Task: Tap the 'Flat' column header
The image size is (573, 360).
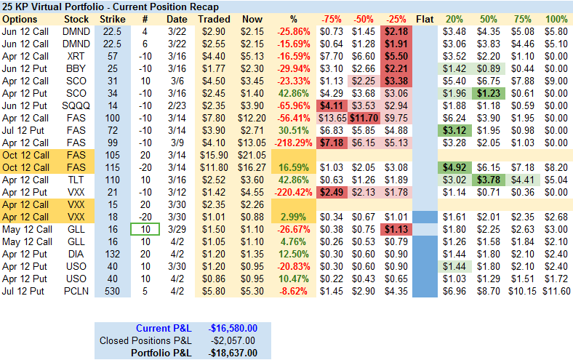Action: point(425,19)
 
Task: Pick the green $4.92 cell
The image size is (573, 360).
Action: point(454,167)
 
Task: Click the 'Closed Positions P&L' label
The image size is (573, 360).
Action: point(145,340)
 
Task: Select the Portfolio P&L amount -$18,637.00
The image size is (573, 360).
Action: point(232,353)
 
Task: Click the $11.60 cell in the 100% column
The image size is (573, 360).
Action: point(556,291)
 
